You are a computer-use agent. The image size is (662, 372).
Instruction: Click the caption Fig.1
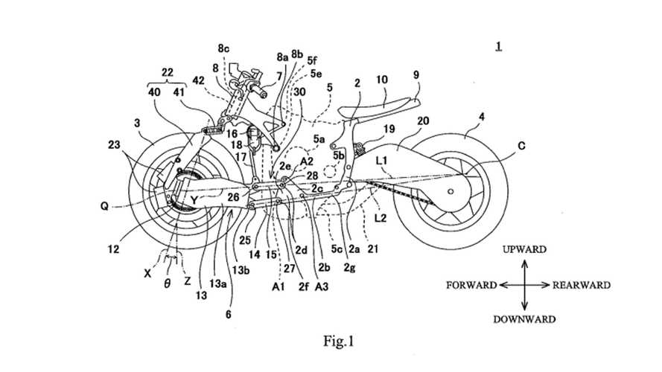pyautogui.click(x=338, y=342)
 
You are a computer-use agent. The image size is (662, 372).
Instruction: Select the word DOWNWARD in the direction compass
pyautogui.click(x=524, y=319)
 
